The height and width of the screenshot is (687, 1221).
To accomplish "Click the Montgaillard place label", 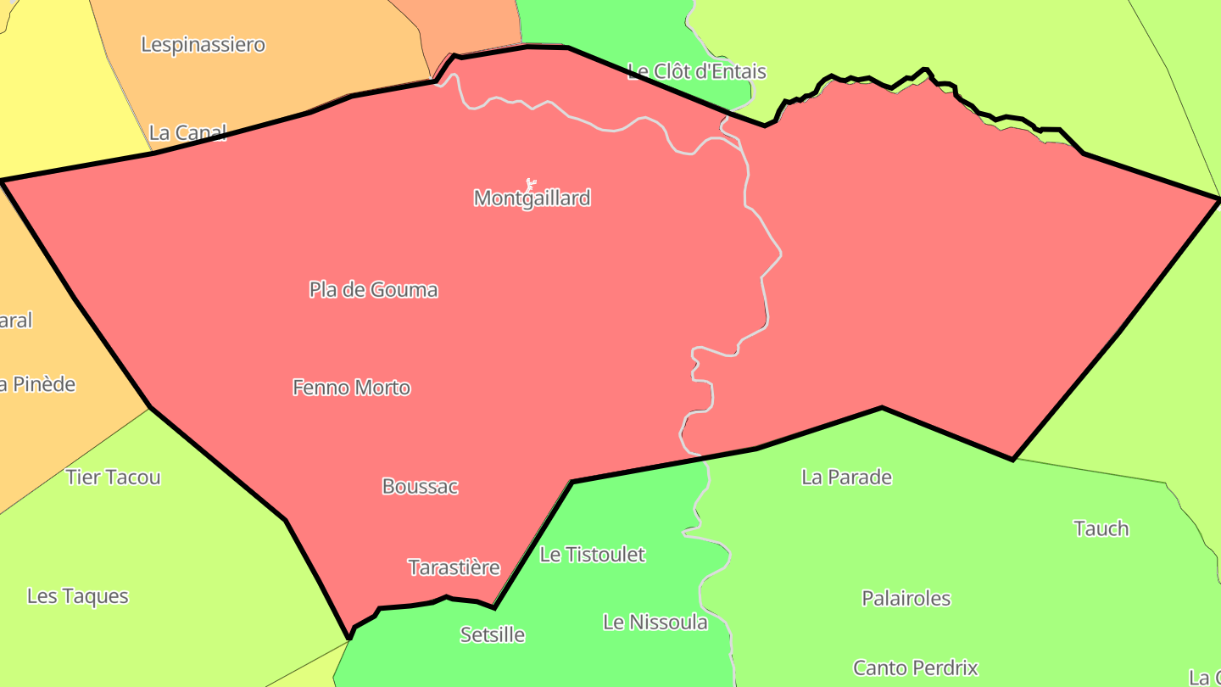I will (532, 198).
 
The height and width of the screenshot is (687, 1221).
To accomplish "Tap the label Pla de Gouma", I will (373, 290).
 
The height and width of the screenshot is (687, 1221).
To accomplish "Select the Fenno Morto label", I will (351, 388).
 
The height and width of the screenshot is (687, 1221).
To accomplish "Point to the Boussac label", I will (420, 487).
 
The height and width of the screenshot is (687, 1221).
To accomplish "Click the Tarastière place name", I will (454, 567).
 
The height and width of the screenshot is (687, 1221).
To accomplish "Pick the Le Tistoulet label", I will (592, 555).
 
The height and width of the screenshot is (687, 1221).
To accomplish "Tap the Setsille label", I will (492, 634).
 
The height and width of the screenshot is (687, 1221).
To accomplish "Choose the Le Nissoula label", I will (655, 623).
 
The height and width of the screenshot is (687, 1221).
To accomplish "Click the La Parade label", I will (846, 478).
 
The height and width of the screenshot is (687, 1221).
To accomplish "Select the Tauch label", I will (1101, 529).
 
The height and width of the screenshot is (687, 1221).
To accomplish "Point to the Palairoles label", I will (906, 599).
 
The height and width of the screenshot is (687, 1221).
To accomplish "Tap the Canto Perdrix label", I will (915, 668).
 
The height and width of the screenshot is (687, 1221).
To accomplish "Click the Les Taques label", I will (77, 596).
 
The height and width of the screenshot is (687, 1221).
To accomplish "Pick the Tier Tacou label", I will (113, 478).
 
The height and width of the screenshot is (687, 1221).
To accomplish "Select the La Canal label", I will (187, 133).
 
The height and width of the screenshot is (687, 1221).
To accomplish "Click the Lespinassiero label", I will (203, 44).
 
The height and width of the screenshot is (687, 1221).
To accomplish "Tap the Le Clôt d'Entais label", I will (696, 71).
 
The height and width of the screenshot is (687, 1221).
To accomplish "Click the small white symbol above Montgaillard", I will (531, 182).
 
